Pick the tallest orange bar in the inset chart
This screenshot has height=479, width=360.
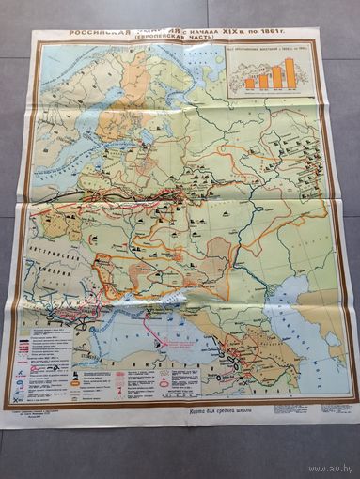click(290, 73)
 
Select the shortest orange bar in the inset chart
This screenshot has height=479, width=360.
click(250, 84)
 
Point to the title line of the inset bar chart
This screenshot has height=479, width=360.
click(273, 54)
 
